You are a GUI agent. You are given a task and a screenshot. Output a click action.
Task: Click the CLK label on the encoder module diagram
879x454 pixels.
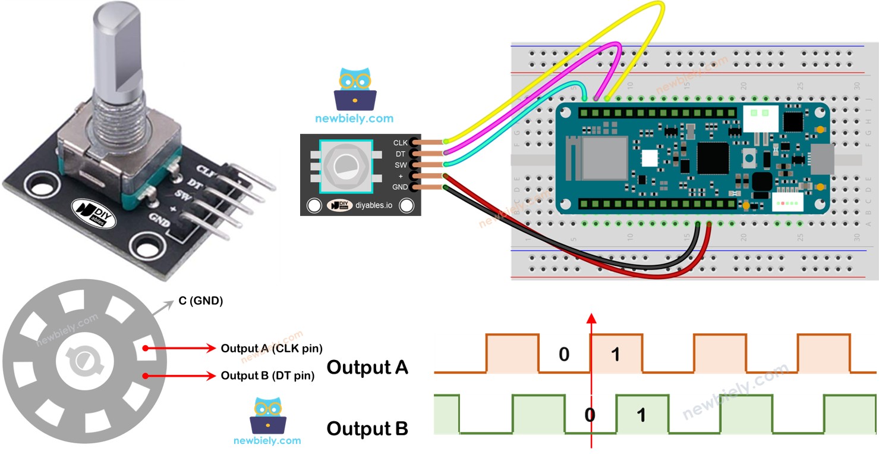pos(400,143)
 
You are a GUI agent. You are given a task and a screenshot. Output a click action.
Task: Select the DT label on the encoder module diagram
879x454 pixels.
pos(401,154)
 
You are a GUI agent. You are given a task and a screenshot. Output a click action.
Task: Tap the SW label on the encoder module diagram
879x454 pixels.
pos(400,165)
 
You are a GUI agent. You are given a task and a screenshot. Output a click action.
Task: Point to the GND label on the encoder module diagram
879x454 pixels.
pos(400,187)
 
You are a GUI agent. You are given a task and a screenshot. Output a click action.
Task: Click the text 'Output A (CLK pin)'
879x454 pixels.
pos(272,348)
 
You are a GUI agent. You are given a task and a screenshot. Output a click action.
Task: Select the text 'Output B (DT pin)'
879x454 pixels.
pos(267,375)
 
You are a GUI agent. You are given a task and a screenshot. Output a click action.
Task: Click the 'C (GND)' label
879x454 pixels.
pos(201,301)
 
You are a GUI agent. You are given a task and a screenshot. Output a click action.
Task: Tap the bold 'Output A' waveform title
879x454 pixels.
pos(367,367)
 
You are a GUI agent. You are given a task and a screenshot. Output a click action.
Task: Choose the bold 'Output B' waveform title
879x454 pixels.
pos(367,428)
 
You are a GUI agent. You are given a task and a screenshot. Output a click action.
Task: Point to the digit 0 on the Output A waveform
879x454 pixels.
pos(564,355)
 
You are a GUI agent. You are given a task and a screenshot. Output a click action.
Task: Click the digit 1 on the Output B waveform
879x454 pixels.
pos(641,415)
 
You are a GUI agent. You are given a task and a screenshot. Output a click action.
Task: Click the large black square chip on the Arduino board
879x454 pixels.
pos(713,158)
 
